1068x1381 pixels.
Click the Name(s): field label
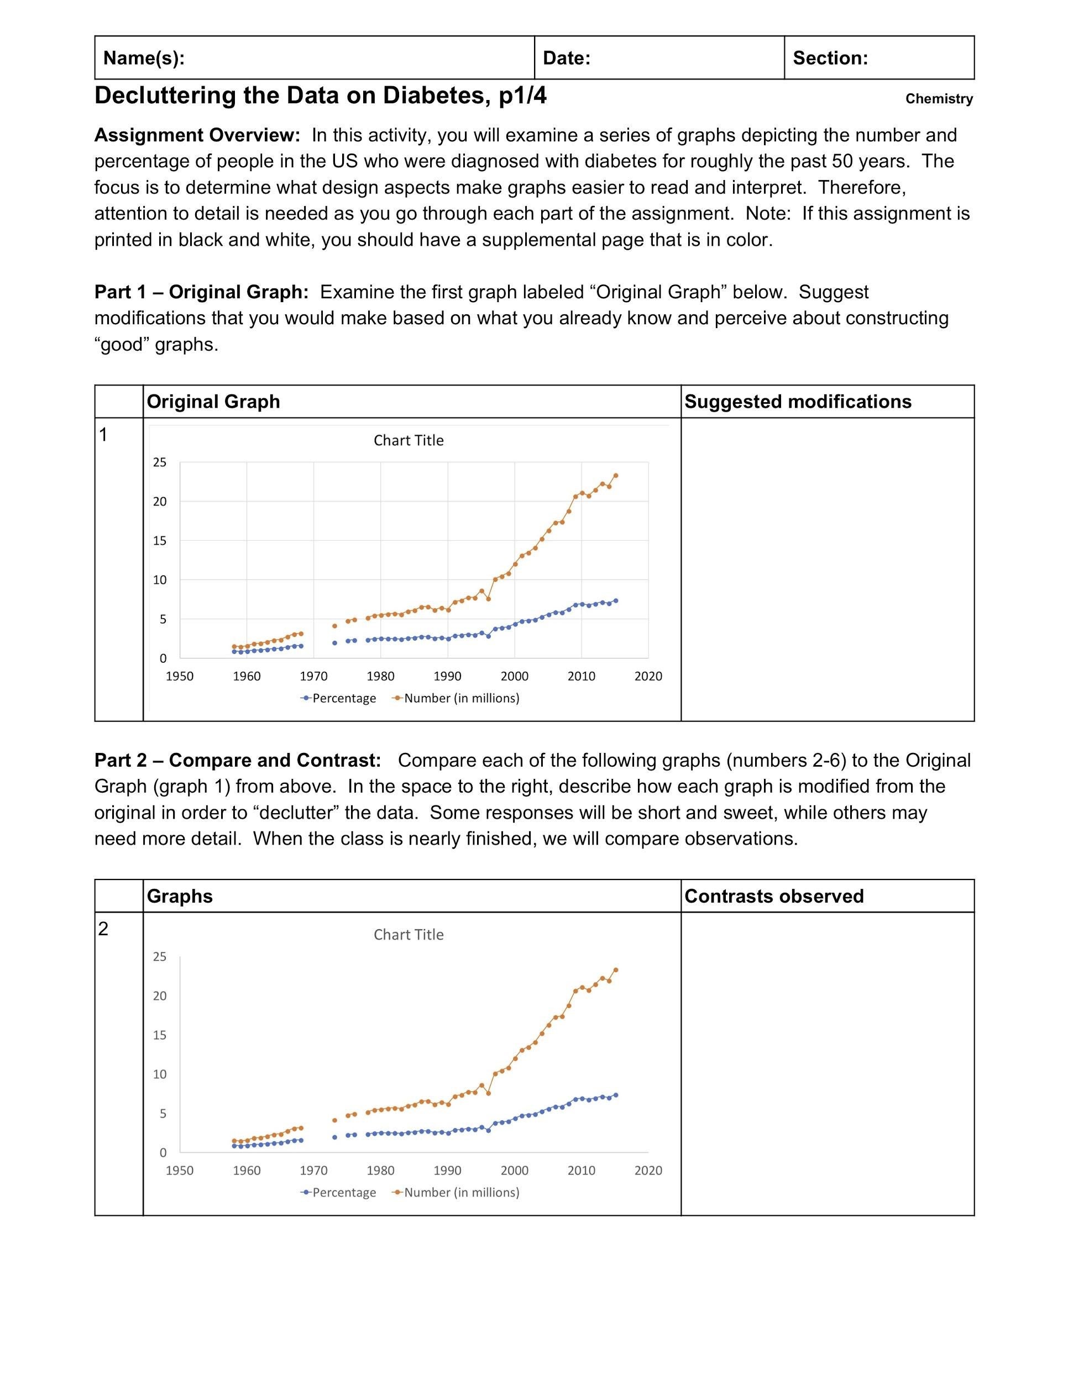pyautogui.click(x=144, y=58)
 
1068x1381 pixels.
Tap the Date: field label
pyautogui.click(x=566, y=58)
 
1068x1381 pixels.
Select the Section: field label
pyautogui.click(x=830, y=58)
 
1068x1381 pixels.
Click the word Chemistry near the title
pyautogui.click(x=939, y=99)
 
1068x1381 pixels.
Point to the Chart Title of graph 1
pyautogui.click(x=408, y=440)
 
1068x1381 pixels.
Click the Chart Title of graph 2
pyautogui.click(x=408, y=935)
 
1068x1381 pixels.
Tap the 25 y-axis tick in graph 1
pyautogui.click(x=159, y=462)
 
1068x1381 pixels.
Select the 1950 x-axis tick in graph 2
pyautogui.click(x=179, y=1171)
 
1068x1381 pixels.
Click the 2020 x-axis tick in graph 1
pyautogui.click(x=648, y=676)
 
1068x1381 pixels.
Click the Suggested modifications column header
pyautogui.click(x=797, y=402)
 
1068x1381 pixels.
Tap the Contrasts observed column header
pyautogui.click(x=774, y=896)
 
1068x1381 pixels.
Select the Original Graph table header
pyautogui.click(x=213, y=402)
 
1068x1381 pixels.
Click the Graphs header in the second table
pyautogui.click(x=180, y=896)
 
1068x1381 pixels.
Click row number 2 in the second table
pyautogui.click(x=104, y=929)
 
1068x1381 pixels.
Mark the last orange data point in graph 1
pyautogui.click(x=616, y=476)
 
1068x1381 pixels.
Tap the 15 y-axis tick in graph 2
pyautogui.click(x=159, y=1035)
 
